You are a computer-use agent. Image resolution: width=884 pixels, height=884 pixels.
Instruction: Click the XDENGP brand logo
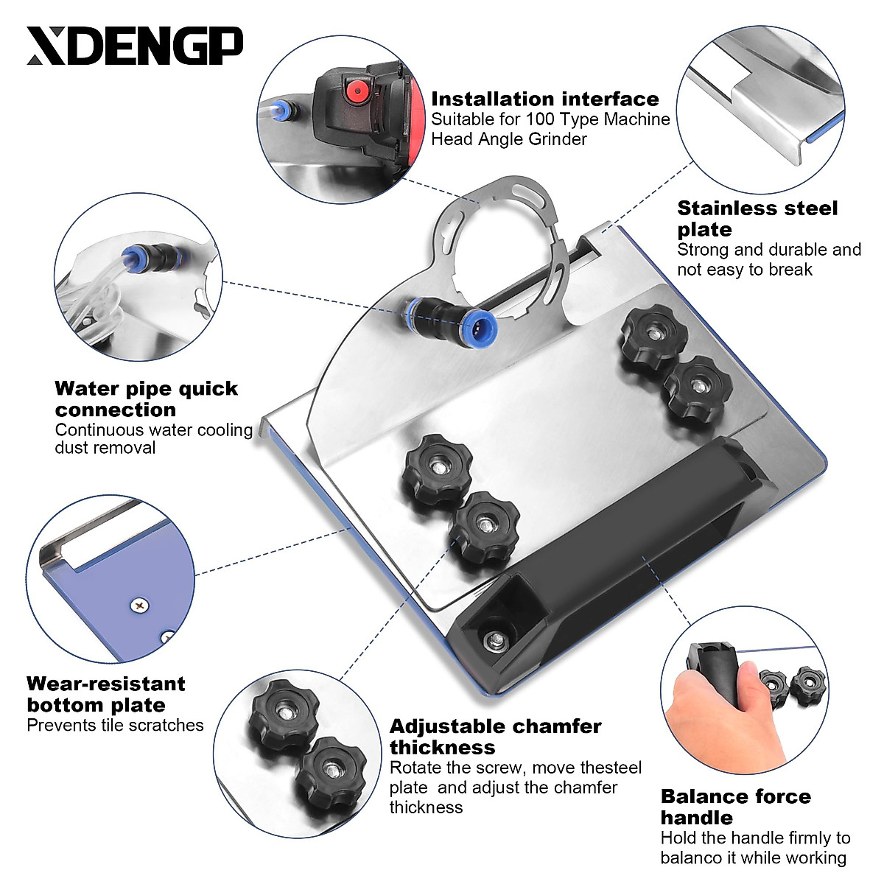pos(135,46)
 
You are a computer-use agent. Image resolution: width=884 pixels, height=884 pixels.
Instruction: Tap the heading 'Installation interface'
pos(544,99)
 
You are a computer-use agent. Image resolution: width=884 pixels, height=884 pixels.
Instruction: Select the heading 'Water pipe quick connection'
pos(146,399)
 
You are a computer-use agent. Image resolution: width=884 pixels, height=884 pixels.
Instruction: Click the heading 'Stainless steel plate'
pos(757,218)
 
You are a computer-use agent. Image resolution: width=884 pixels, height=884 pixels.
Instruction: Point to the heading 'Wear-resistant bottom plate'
pos(105,694)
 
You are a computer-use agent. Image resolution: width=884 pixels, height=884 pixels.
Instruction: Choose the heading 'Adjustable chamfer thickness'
pos(495,737)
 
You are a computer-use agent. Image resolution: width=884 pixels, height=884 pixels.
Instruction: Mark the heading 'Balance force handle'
pos(735,807)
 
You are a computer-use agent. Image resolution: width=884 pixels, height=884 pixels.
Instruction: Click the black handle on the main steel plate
pos(626,545)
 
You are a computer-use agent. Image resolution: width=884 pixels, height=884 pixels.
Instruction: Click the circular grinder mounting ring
pos(501,243)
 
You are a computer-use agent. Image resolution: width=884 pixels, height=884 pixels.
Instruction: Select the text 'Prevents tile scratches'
pos(115,725)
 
